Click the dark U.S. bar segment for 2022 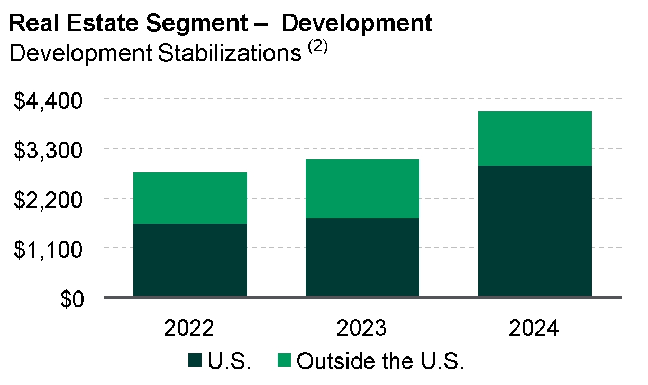pyautogui.click(x=190, y=260)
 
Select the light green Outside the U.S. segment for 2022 pyautogui.click(x=190, y=198)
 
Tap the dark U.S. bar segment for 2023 pyautogui.click(x=362, y=257)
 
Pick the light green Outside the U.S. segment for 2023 pyautogui.click(x=362, y=189)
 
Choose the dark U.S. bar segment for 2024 pyautogui.click(x=535, y=231)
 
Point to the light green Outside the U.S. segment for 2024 pyautogui.click(x=535, y=138)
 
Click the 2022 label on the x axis pyautogui.click(x=189, y=328)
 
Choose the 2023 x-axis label pyautogui.click(x=362, y=328)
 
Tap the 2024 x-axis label pyautogui.click(x=534, y=328)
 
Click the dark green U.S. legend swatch pyautogui.click(x=195, y=362)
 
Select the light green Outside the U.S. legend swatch pyautogui.click(x=285, y=362)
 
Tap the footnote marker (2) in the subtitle pyautogui.click(x=317, y=48)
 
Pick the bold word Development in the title pyautogui.click(x=357, y=24)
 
